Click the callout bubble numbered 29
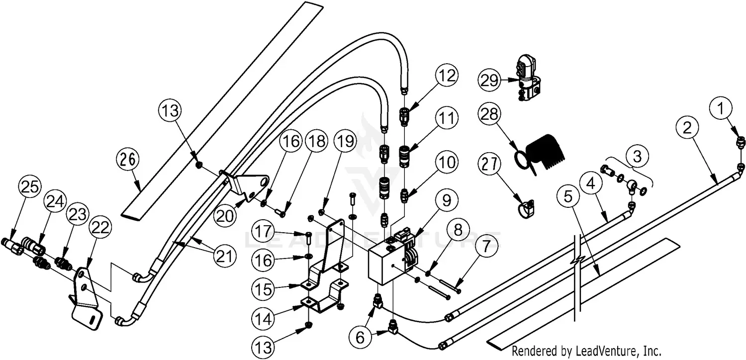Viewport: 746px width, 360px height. (489, 80)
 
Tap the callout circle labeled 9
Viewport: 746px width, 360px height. (447, 201)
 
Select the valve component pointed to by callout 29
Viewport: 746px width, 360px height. (526, 80)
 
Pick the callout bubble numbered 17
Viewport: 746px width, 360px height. (267, 232)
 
